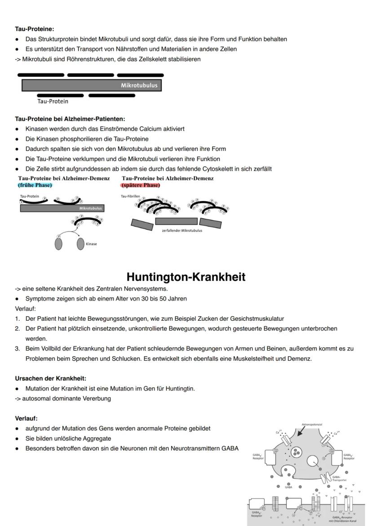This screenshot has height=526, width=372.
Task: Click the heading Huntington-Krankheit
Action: [186, 277]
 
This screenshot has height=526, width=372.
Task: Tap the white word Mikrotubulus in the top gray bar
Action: [139, 85]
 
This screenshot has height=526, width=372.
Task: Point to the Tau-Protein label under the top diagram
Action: [53, 102]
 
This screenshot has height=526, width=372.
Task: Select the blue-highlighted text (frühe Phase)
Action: [35, 185]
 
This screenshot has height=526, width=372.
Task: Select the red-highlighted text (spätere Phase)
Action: [141, 185]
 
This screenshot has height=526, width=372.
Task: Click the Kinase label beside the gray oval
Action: [91, 244]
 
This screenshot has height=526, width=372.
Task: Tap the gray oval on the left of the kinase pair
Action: [58, 244]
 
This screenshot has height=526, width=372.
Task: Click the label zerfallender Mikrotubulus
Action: [182, 230]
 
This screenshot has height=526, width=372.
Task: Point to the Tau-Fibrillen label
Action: [130, 197]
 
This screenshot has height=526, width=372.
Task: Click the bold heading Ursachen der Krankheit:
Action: [51, 378]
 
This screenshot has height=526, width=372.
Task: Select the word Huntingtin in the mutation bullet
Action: [180, 389]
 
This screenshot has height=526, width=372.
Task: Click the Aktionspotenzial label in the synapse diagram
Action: [312, 424]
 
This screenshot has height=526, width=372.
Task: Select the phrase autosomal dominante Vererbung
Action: [66, 398]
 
